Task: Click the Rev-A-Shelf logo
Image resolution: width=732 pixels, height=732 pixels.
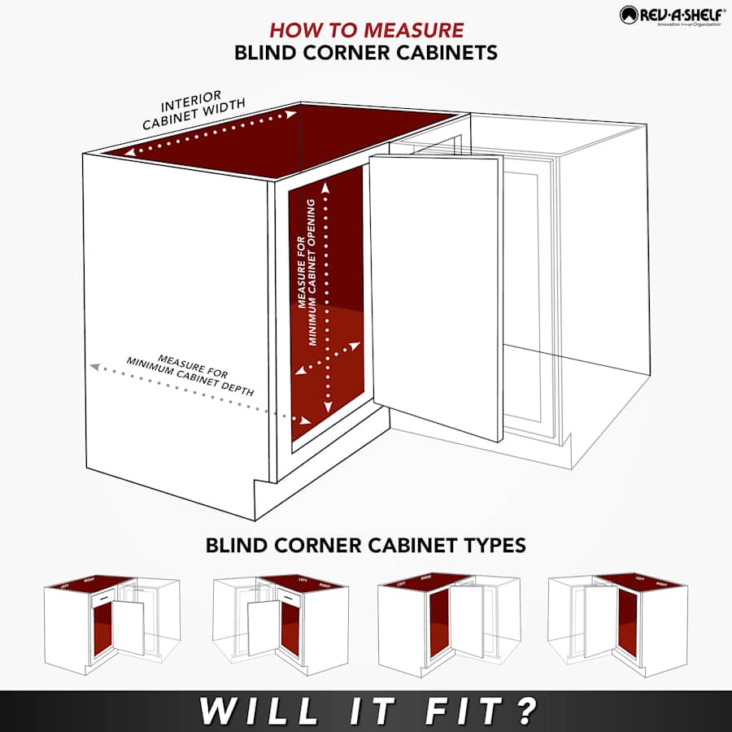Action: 673,15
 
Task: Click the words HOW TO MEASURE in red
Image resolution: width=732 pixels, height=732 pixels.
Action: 366,30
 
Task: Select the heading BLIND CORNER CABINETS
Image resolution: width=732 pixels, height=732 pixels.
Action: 366,53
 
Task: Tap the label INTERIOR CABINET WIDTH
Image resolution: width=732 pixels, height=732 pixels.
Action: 194,115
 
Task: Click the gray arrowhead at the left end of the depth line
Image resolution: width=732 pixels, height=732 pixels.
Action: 94,367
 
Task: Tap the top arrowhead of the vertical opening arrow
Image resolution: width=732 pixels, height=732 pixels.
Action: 327,185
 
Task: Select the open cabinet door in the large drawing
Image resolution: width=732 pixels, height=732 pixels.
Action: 435,293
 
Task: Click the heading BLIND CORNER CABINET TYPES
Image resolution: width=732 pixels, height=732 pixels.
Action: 366,544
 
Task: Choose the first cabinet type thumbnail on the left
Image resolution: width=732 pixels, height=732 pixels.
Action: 111,622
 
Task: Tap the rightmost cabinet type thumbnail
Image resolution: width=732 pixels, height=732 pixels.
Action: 618,622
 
